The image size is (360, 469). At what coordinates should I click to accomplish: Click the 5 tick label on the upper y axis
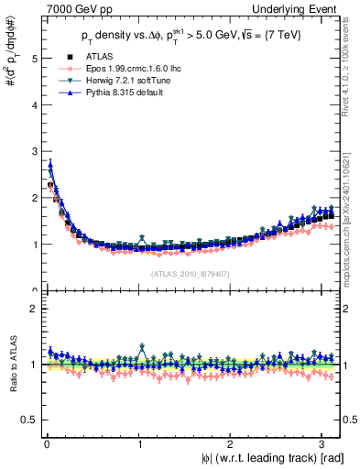[x=34, y=59]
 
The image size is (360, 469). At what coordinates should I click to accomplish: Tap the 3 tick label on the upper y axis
[x=34, y=152]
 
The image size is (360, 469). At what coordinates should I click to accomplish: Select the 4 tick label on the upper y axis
[x=34, y=105]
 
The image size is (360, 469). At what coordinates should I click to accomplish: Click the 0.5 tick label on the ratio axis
[x=29, y=420]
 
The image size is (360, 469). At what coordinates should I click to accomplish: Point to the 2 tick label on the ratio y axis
[x=34, y=309]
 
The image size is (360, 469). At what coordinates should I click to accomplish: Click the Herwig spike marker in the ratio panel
[x=142, y=347]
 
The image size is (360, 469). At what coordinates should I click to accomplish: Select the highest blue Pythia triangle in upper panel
[x=50, y=165]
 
